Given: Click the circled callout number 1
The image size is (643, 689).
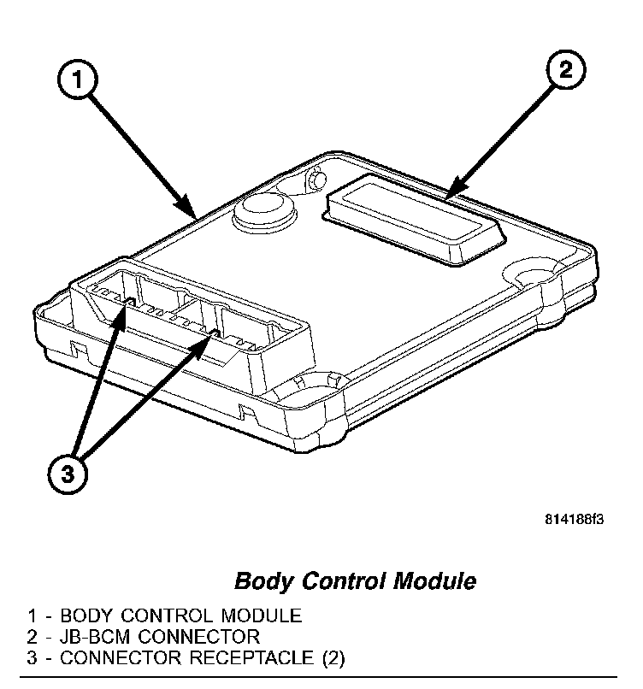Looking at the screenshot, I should [78, 82].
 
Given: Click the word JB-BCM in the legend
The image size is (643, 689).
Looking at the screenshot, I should [98, 637].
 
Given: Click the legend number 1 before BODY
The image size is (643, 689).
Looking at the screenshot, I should [32, 615].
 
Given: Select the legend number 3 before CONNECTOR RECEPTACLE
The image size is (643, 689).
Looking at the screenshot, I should [32, 658].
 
